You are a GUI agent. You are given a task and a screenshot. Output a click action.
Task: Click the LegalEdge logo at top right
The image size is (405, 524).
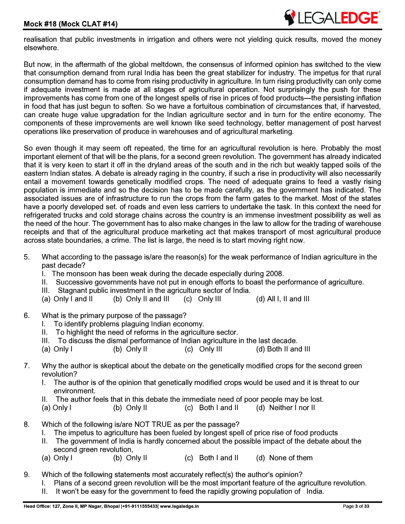click(332, 18)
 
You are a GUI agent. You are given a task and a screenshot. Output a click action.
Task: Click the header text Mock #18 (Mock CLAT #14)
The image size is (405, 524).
click(71, 24)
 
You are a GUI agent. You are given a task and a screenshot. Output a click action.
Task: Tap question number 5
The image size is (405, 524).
click(27, 257)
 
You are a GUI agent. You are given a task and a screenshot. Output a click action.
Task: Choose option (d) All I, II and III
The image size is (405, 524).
click(283, 299)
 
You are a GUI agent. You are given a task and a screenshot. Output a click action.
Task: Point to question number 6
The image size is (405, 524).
click(27, 316)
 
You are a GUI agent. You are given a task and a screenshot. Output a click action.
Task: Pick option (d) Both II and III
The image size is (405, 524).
click(283, 349)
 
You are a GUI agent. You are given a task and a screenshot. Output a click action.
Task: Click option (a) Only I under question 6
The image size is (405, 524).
click(57, 349)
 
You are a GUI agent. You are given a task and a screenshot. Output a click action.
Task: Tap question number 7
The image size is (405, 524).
click(27, 366)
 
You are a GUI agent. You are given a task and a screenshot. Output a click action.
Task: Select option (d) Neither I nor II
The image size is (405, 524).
click(285, 408)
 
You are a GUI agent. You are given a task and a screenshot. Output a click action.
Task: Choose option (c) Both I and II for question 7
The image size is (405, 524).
click(211, 408)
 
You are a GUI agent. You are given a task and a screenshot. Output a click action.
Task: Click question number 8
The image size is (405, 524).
click(27, 424)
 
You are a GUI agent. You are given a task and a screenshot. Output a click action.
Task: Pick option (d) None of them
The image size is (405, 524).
click(284, 458)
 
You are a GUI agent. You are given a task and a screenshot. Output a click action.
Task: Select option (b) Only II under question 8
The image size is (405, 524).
click(130, 458)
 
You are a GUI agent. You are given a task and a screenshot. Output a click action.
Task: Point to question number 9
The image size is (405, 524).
click(27, 474)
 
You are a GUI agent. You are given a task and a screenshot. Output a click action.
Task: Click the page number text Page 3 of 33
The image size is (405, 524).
click(356, 506)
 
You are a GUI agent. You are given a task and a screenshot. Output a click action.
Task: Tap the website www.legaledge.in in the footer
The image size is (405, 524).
click(179, 506)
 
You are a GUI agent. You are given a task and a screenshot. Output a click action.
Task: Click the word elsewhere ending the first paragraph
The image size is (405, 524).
click(41, 48)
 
